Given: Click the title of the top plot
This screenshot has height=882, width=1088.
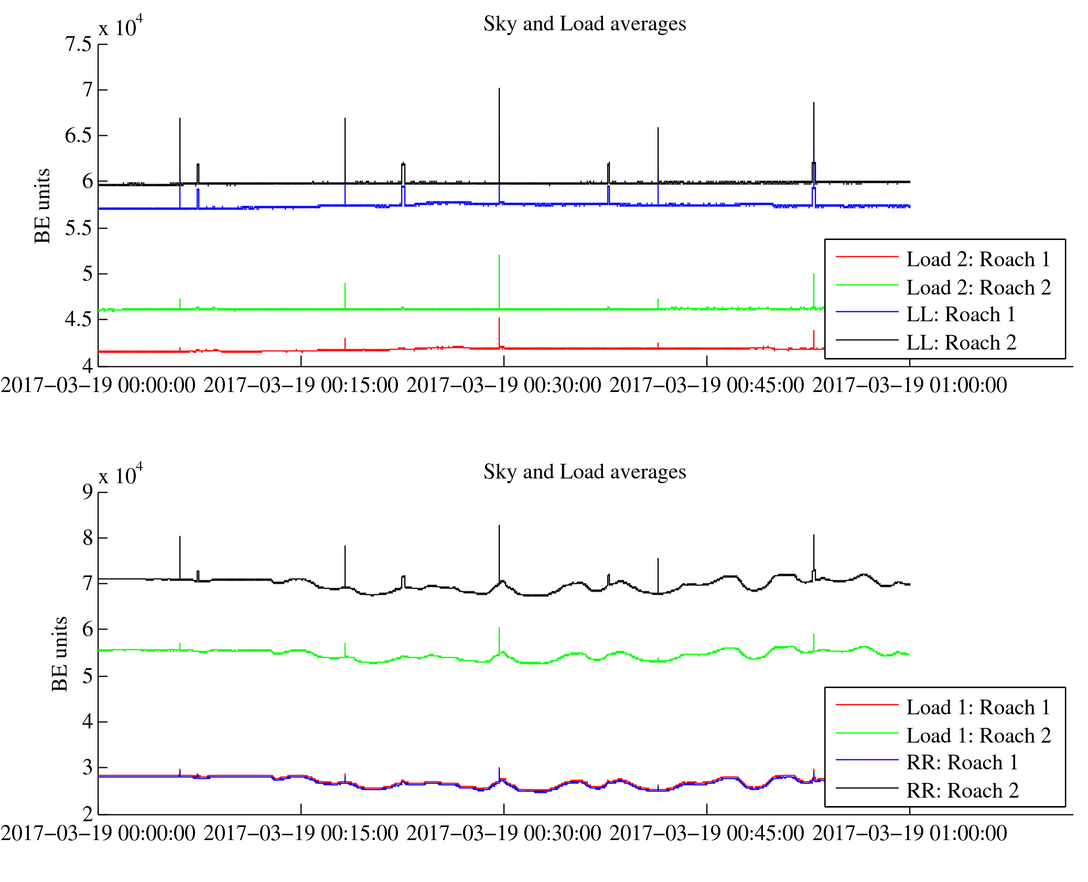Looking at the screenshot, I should point(584,24).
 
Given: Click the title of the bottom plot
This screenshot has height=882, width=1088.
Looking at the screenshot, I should point(584,472).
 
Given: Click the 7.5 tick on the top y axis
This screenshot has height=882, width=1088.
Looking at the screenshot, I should point(79,45).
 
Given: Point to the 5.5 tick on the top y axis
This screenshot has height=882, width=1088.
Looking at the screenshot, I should point(79,228).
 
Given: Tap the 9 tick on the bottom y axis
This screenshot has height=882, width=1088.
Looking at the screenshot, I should point(87,492).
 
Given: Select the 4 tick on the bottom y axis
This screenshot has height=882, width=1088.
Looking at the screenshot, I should point(87,722).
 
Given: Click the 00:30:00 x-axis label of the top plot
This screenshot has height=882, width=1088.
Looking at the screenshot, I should point(503,386).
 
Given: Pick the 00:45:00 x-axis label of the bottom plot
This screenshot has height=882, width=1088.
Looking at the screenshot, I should point(706,834).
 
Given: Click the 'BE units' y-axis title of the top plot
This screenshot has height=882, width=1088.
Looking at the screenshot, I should point(42,206).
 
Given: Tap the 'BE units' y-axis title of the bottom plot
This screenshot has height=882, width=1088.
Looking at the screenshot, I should point(60,654).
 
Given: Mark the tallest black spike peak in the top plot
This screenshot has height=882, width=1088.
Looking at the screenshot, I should point(499,89).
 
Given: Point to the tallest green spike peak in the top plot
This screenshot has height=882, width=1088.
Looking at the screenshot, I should point(499,255).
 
